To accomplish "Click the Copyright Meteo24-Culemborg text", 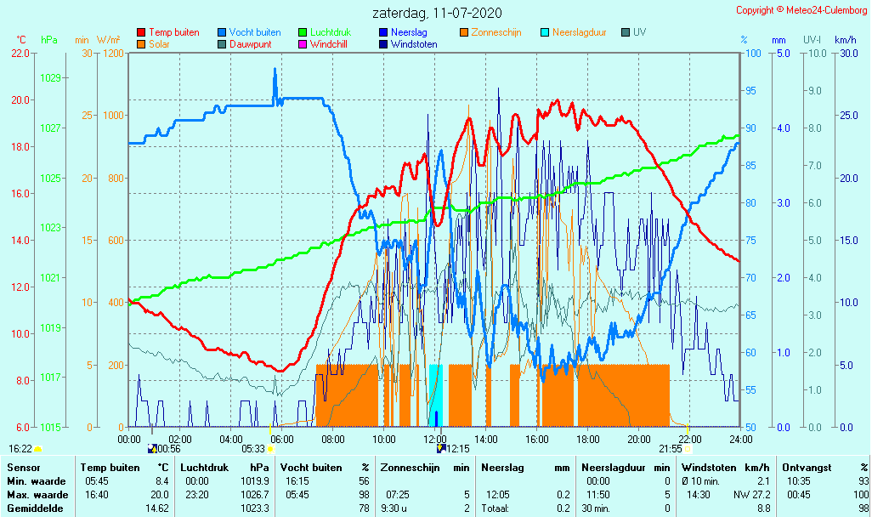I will pos(801,10).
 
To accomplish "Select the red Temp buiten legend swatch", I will pos(141,32).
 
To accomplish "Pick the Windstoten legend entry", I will pos(414,44).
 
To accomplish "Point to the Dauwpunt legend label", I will pos(251,44).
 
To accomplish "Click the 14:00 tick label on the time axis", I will pos(485,440).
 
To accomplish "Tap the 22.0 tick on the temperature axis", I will pos(20,54).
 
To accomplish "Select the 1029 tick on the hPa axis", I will pos(50,78).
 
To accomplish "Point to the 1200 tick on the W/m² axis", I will pos(113,54).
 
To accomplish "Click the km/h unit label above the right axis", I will pos(845,40).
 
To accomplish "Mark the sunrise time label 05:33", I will pos(253,449).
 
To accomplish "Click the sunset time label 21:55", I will pos(671,449).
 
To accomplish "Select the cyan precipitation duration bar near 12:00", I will pos(436,395).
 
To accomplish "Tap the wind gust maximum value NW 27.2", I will pos(751,495).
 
